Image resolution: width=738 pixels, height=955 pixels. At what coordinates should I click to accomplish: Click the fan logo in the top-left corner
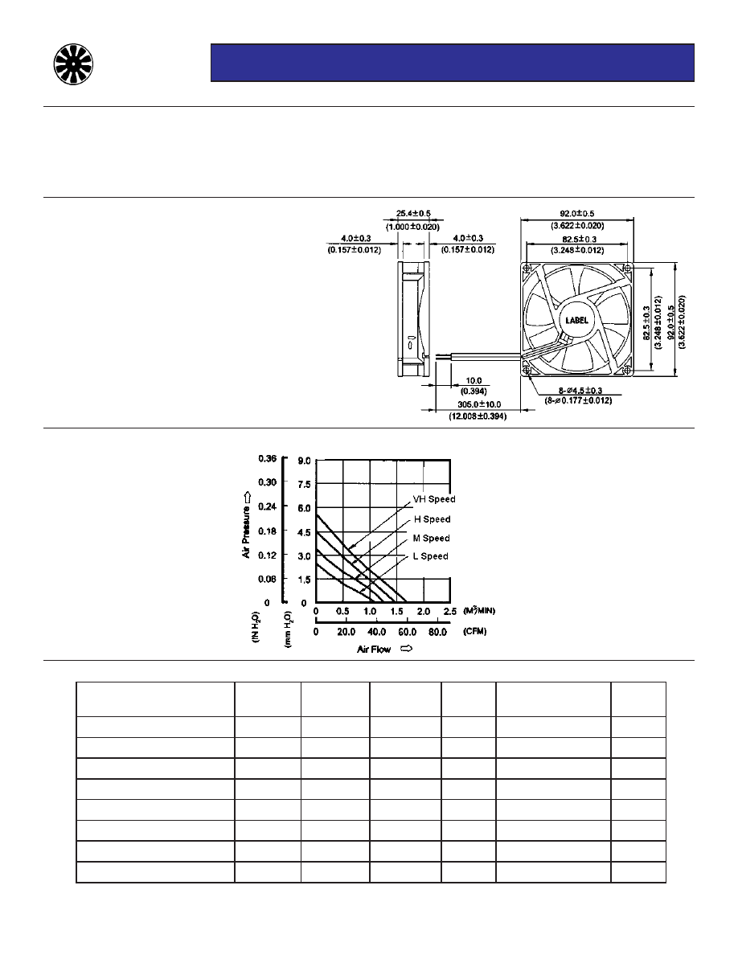click(x=73, y=63)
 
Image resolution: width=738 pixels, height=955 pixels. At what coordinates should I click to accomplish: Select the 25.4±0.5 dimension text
click(x=414, y=214)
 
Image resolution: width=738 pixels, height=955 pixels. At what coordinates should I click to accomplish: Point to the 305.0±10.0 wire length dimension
click(x=477, y=405)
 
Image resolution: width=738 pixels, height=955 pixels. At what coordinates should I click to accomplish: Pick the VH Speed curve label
click(x=434, y=499)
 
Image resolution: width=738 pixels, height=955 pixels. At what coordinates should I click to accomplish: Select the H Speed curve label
click(x=432, y=519)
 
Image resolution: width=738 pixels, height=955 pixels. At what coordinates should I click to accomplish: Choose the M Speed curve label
click(x=432, y=538)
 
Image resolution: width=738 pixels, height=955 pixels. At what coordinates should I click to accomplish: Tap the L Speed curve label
click(x=430, y=556)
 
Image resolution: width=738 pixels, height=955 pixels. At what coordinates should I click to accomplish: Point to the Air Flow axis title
click(x=374, y=650)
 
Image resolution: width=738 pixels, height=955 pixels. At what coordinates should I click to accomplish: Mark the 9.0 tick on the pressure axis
click(x=305, y=461)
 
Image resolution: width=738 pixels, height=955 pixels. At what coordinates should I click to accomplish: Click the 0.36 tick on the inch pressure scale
click(x=267, y=459)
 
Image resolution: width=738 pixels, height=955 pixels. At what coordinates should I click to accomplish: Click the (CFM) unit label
click(x=474, y=632)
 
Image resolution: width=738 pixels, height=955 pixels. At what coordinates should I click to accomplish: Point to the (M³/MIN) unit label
click(x=479, y=611)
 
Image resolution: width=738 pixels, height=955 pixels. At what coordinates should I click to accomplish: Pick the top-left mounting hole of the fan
click(x=527, y=268)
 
